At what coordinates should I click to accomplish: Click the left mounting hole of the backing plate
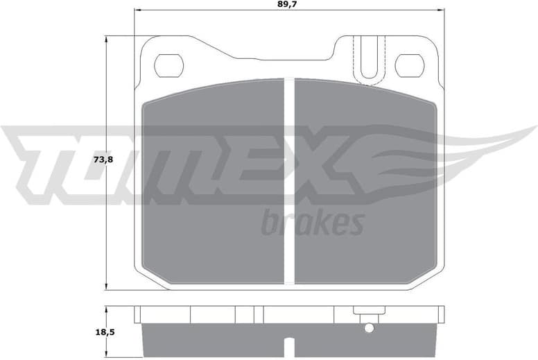pos(168,66)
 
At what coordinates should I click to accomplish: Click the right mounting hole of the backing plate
pos(409,66)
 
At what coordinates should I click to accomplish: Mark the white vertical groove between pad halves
pos(290,180)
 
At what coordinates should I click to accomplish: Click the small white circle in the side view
pos(369,327)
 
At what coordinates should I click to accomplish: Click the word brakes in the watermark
pos(313,223)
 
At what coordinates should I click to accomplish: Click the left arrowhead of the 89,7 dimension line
pos(137,10)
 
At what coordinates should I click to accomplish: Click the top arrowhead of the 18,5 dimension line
pos(106,308)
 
